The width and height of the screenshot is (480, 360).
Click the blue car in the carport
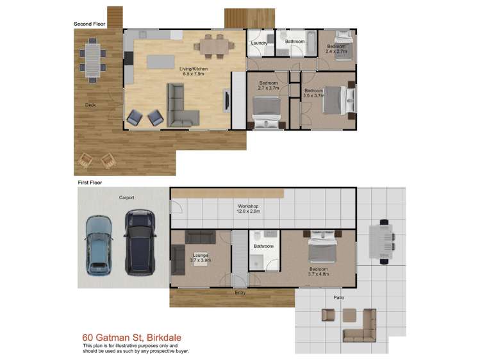[99, 243]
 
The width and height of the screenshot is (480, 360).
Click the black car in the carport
[140, 241]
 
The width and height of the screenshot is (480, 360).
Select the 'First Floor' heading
[90, 183]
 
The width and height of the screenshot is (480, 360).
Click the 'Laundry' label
[259, 43]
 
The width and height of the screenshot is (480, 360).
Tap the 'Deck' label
[90, 105]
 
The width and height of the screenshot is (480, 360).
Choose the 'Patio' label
[340, 298]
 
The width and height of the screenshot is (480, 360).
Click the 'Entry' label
[240, 293]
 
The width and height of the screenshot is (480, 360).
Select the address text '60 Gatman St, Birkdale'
[135, 337]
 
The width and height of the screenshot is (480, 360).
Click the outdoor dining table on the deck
[94, 58]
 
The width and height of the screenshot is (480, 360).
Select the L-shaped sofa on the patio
[363, 327]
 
